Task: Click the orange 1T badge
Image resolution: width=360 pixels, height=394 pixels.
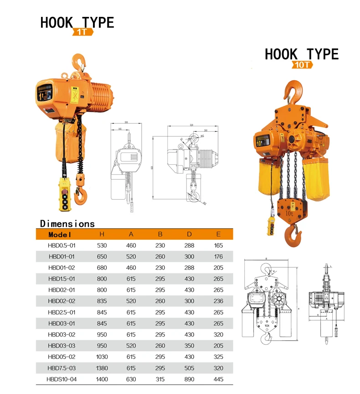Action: click(83, 32)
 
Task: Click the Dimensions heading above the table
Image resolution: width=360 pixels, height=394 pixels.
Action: click(67, 223)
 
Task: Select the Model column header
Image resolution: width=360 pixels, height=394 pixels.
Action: click(60, 234)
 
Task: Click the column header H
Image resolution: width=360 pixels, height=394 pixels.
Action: click(102, 234)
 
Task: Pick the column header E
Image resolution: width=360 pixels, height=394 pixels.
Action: click(218, 234)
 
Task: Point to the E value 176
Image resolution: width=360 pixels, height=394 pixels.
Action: click(218, 257)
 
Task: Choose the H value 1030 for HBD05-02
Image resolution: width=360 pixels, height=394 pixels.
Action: click(102, 356)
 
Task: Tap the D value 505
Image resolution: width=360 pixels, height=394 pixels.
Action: click(189, 367)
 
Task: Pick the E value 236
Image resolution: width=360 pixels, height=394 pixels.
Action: click(218, 301)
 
